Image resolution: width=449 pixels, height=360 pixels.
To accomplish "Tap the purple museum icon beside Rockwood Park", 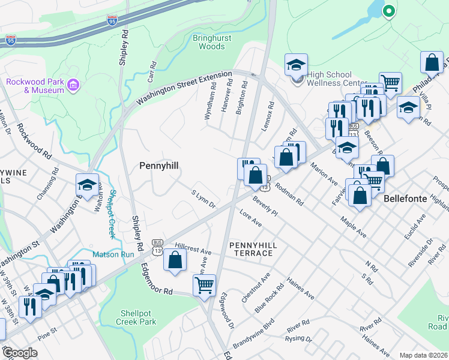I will (74, 86).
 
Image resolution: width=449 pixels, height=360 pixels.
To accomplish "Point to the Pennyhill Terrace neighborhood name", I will (250, 248).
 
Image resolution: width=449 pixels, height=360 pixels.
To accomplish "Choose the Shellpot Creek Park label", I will (138, 317).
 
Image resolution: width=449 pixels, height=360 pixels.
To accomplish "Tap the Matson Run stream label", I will (112, 254).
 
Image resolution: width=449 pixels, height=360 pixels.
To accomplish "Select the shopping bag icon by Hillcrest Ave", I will (174, 260).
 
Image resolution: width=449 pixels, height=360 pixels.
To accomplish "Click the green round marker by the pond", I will (388, 10).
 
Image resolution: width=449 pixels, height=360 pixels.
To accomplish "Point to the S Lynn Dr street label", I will (203, 200).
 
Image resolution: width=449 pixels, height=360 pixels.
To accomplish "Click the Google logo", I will (20, 353).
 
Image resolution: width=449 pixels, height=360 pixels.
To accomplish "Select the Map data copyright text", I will (424, 355).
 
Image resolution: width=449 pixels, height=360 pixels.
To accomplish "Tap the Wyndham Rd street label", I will (211, 101).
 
